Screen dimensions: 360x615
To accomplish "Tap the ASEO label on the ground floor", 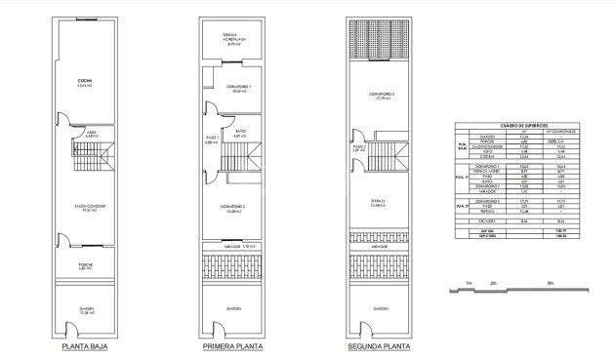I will [x=91, y=132].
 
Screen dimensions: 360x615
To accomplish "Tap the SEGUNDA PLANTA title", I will [x=376, y=345].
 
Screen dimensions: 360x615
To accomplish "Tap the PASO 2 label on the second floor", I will [x=358, y=147].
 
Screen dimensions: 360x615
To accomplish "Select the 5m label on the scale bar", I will [x=551, y=283].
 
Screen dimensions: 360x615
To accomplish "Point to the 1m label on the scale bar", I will [x=470, y=283].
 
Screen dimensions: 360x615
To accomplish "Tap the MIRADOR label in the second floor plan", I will [x=376, y=248].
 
